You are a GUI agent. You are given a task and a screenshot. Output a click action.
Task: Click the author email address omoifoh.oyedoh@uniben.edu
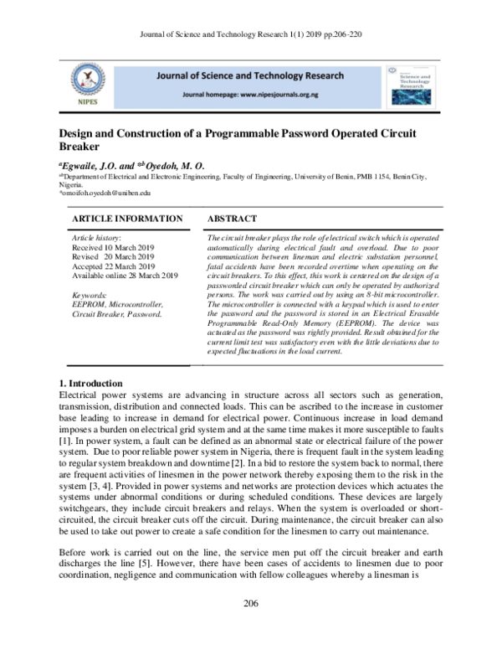[105, 193]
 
